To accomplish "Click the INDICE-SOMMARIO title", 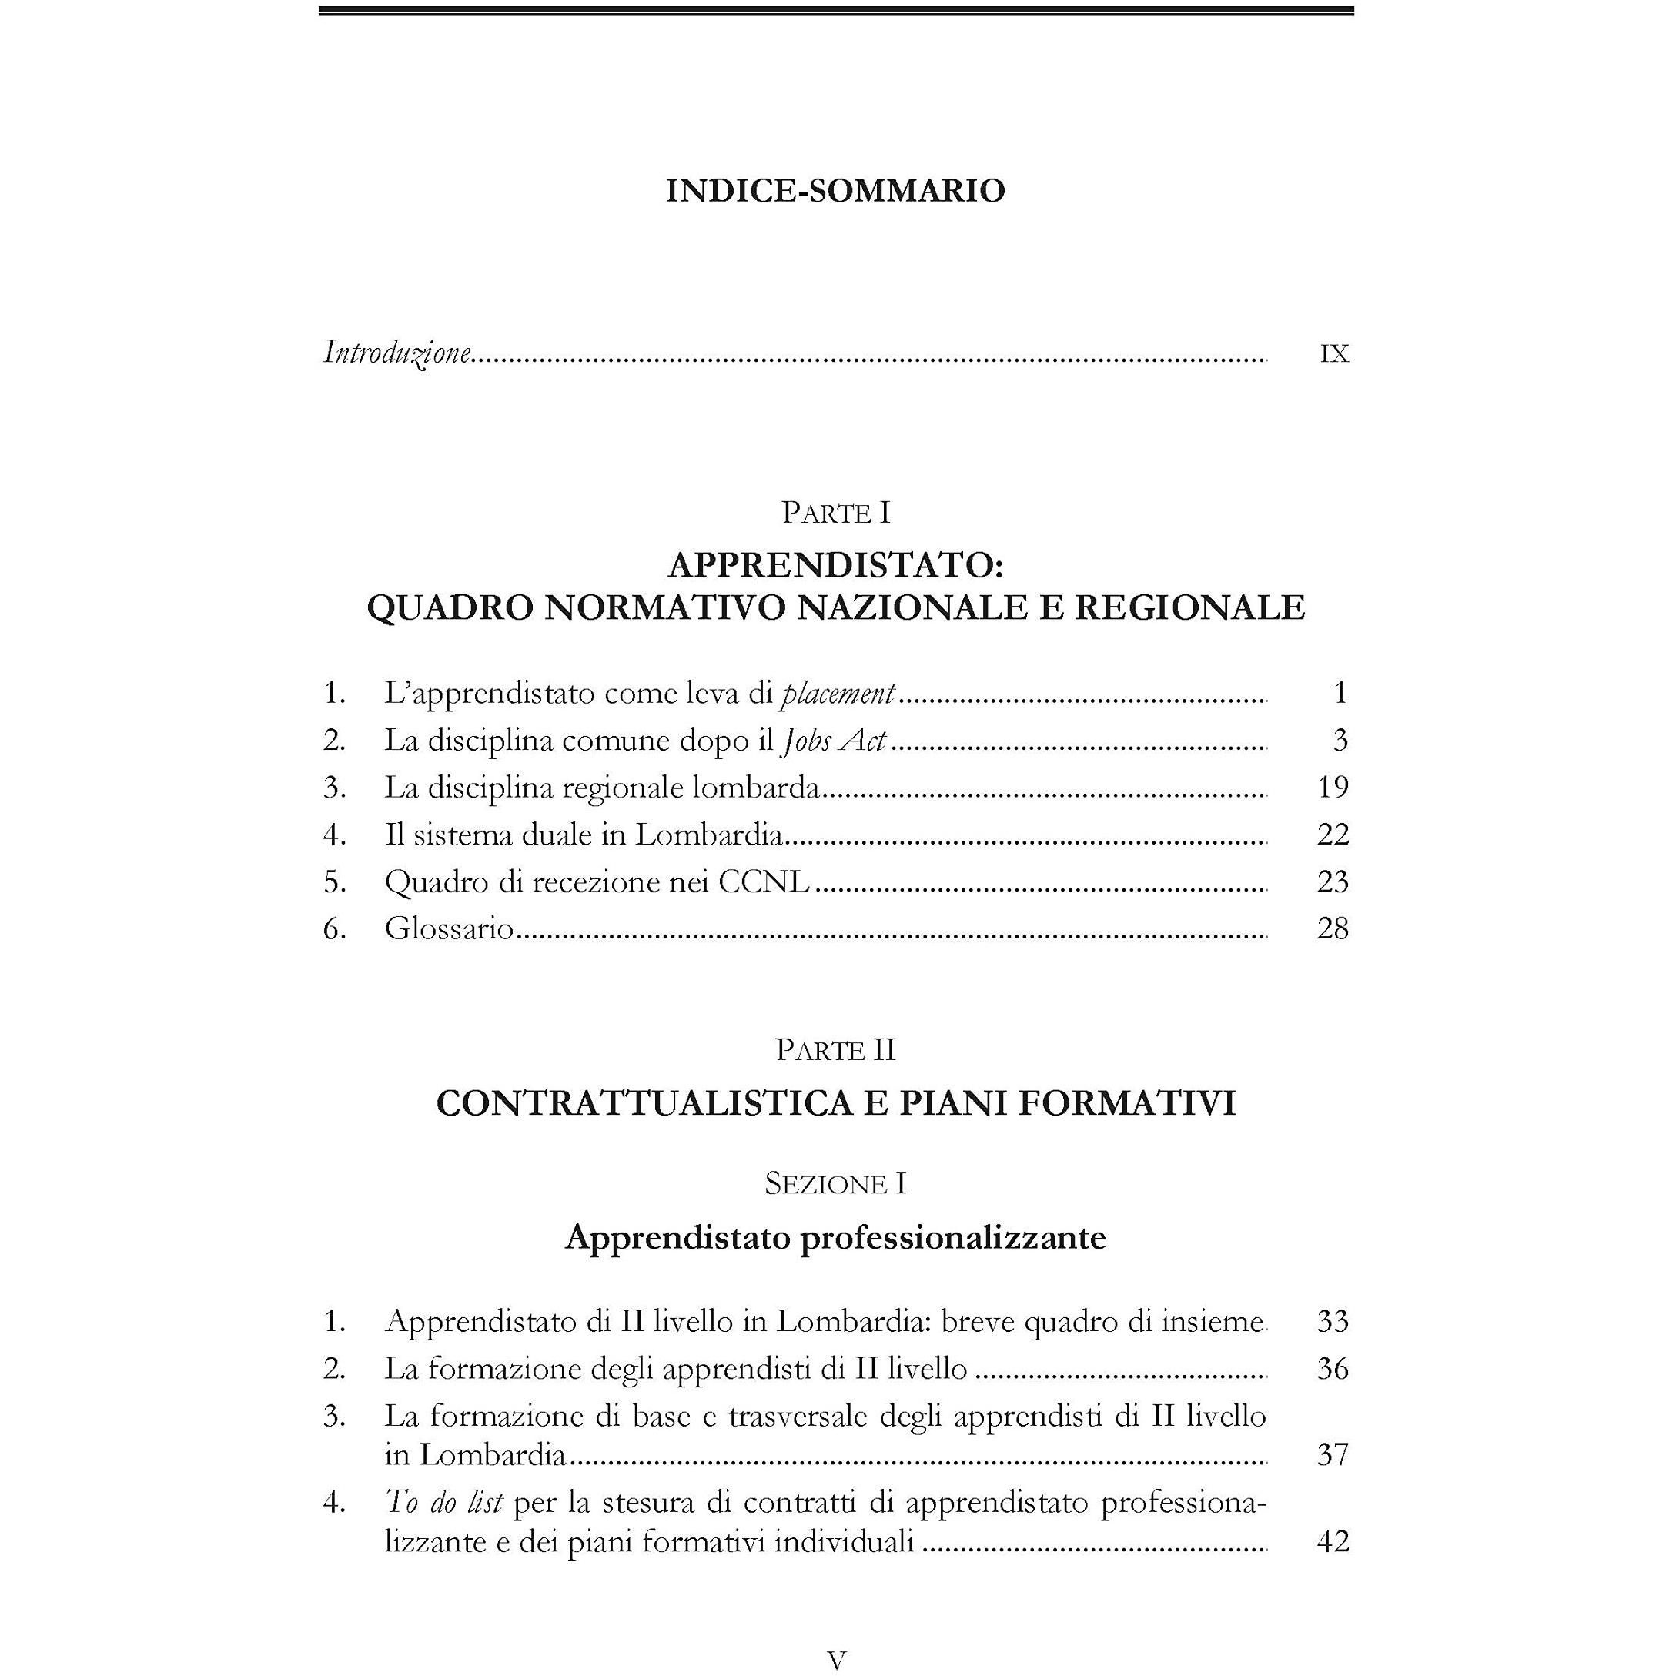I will coord(835,191).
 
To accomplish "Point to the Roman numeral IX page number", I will coord(1334,354).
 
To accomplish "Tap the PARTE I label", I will coord(835,514).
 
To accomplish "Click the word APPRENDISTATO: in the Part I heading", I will coord(835,566).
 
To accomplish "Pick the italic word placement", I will coord(838,693).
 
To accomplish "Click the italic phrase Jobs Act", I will coord(835,740).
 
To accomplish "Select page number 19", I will coord(1333,787).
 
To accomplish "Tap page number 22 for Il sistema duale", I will coord(1333,835).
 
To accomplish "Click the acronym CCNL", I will coord(764,881).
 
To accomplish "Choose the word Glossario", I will coord(450,929).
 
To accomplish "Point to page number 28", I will coord(1333,929).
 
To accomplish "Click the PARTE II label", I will coord(835,1051).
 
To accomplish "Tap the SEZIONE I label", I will coord(835,1184).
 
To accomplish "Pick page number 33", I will coord(1333,1321).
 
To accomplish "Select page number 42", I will coord(1333,1541).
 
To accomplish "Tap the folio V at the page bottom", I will coord(836,1661).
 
